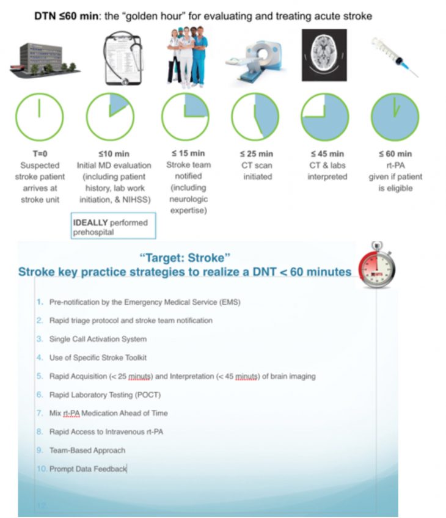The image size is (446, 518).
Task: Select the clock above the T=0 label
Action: point(39,117)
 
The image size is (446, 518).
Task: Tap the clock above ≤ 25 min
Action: point(255,117)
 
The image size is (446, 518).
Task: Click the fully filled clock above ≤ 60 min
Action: point(395,117)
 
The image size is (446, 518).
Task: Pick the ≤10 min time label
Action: point(109,154)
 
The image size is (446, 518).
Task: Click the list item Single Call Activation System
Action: point(98,339)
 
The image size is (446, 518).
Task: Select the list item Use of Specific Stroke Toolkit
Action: point(98,357)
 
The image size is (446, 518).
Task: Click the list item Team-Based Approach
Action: point(87,450)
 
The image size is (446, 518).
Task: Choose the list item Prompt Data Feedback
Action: point(88,469)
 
